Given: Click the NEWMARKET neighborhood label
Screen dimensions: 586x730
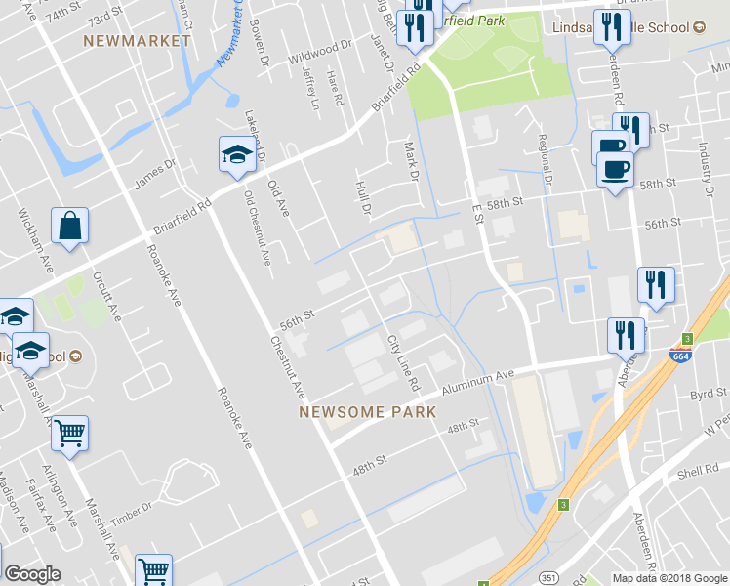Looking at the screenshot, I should click(136, 41).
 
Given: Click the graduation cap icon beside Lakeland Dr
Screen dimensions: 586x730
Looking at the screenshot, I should click(235, 155).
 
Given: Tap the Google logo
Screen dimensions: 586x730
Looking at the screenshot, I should click(32, 575).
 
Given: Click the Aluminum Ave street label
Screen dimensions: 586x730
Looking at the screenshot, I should click(476, 381).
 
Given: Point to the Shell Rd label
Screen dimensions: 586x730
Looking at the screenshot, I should click(697, 473).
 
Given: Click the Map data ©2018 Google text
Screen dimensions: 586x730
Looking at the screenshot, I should click(669, 578).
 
